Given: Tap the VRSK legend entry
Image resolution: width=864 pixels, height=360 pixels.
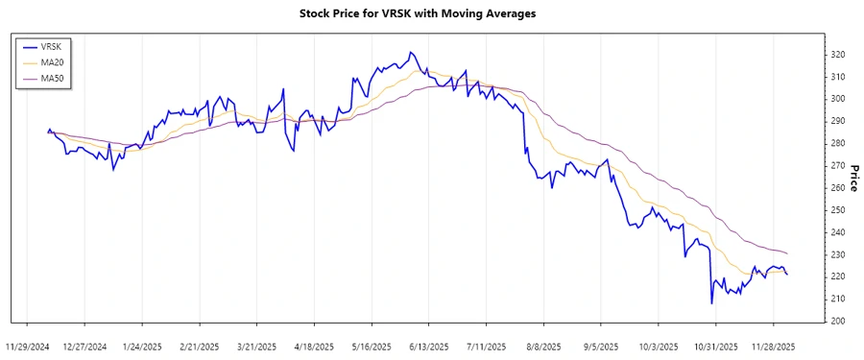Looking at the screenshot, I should click(x=52, y=46).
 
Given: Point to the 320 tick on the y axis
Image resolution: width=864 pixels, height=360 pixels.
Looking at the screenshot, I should click(x=838, y=54).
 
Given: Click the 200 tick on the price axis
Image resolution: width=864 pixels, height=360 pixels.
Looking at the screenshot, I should click(x=838, y=321).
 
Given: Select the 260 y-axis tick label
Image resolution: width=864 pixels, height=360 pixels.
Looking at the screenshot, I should click(x=838, y=187).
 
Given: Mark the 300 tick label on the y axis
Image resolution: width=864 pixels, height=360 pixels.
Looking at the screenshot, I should click(x=838, y=99).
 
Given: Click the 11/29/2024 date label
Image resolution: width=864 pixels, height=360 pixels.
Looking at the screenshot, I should click(x=27, y=346).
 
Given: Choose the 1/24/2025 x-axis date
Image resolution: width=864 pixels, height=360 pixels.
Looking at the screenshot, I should click(x=142, y=346).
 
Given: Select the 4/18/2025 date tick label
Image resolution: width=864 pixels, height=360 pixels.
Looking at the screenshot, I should click(x=314, y=346).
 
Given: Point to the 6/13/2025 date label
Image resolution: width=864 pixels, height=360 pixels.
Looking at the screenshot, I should click(x=429, y=346).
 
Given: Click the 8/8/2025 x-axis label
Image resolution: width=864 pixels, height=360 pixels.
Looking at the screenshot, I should click(x=543, y=346).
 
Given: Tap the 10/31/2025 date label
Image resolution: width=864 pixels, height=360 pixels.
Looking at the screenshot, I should click(x=715, y=346).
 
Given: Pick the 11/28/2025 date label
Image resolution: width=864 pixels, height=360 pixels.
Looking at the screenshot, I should click(x=773, y=346).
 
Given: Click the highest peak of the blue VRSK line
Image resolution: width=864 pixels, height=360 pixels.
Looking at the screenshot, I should click(x=410, y=52).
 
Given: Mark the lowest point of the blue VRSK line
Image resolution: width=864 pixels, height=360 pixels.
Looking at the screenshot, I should click(x=711, y=303).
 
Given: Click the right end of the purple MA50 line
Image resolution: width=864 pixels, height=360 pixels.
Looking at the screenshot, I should click(x=787, y=253).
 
